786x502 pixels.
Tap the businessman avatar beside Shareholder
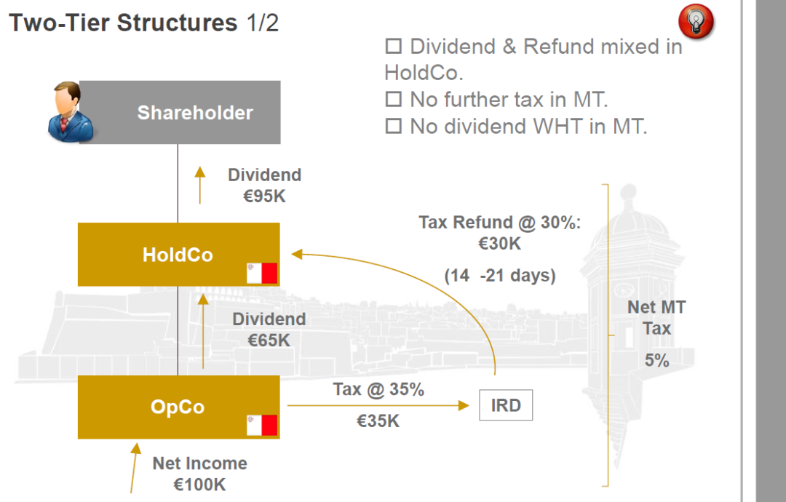70,112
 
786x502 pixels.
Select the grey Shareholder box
180,112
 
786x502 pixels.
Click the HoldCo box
178,255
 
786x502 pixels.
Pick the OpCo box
178,407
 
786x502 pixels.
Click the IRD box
506,405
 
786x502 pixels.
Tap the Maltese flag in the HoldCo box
262,274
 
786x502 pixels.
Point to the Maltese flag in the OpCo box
262,426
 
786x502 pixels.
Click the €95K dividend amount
264,196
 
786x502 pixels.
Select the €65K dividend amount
269,340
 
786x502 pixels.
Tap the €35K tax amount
378,421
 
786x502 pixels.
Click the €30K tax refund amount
500,244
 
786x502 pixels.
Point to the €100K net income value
199,485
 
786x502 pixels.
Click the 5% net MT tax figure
656,359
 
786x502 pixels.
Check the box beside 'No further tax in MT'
394,99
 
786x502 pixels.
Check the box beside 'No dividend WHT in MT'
394,126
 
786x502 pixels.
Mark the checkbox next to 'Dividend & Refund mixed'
394,46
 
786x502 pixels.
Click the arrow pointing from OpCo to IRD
378,405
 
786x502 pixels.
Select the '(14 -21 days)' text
500,275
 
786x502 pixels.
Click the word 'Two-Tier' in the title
59,23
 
